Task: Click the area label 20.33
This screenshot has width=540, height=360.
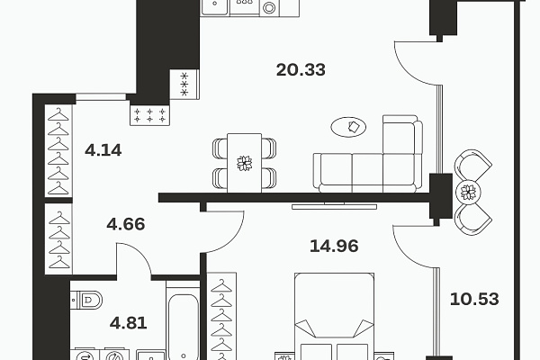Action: point(301,70)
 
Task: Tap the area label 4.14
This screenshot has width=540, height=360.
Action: point(103,150)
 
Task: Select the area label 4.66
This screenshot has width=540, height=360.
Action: point(126,224)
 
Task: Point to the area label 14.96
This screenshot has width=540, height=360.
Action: point(334,246)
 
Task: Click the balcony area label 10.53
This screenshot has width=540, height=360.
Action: point(474,299)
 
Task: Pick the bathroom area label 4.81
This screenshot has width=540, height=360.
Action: point(129,323)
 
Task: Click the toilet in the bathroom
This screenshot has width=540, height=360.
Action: point(86,300)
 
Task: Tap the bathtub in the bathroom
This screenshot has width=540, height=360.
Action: point(183,320)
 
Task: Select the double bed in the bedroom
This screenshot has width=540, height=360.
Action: point(335,316)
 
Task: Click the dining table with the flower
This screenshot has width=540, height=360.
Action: point(244,163)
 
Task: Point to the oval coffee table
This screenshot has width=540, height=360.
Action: point(348,127)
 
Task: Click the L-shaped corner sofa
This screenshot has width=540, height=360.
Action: point(368,154)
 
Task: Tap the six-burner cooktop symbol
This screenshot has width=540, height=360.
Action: point(149,115)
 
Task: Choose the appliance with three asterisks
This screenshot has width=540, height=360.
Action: point(184,85)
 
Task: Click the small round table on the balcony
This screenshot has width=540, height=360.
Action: point(468,193)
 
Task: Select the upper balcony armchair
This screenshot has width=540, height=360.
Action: point(472,166)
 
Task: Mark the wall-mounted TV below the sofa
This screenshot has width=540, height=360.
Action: point(334,206)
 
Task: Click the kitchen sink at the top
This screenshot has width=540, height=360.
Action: point(214,6)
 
